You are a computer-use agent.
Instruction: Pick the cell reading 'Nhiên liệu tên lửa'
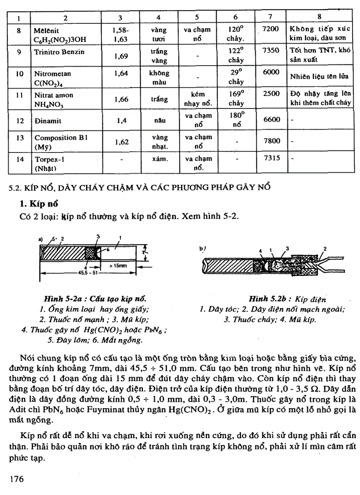(319, 76)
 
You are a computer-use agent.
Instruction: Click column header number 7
(270, 17)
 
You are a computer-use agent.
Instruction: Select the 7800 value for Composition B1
(271, 141)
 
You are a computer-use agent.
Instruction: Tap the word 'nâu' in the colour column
(158, 120)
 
